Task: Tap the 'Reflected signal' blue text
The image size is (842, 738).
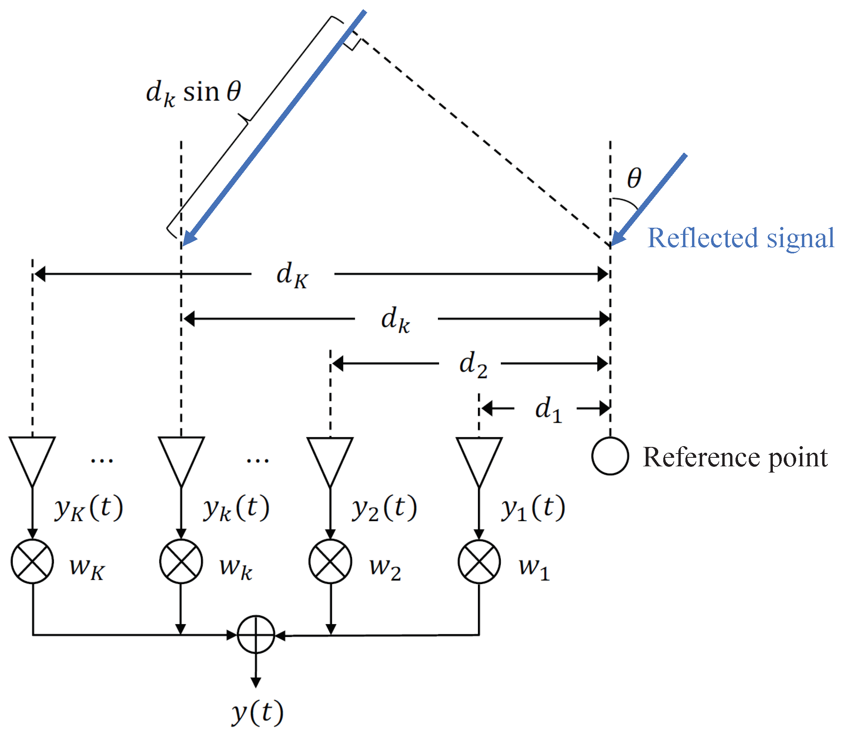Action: [740, 239]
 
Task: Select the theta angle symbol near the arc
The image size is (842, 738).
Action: [634, 178]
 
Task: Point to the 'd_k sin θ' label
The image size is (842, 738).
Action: [194, 92]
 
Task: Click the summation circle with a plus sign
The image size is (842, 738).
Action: [256, 635]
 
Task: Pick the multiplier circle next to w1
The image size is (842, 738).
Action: [479, 561]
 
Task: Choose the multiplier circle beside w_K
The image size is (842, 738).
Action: [32, 561]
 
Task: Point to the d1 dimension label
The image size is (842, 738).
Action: [548, 409]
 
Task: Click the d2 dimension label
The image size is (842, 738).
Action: [472, 365]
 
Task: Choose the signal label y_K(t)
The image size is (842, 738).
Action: [88, 508]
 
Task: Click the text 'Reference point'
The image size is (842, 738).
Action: [735, 457]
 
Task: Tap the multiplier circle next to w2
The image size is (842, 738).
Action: [330, 561]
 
